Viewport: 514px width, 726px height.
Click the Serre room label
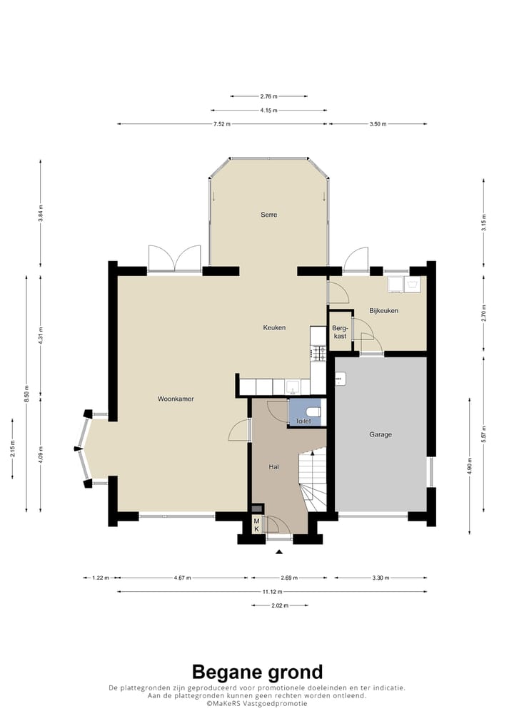(x=269, y=215)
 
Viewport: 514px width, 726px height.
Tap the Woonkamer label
(x=176, y=399)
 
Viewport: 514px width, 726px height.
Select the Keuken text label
(x=274, y=327)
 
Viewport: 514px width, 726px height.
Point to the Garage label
(x=381, y=434)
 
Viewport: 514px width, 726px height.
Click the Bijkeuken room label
(x=384, y=311)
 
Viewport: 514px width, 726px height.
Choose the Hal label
(x=274, y=466)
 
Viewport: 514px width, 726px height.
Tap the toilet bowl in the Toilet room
(x=314, y=411)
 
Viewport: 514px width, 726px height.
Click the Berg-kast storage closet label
(x=340, y=332)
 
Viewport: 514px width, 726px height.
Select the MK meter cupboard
(x=256, y=525)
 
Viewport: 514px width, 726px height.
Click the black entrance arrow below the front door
(x=279, y=551)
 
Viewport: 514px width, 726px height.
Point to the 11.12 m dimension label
(x=272, y=592)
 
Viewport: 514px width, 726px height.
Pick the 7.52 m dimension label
(x=222, y=124)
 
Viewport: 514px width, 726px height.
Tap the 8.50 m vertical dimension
(x=26, y=394)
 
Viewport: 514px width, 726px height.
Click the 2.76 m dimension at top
(x=269, y=96)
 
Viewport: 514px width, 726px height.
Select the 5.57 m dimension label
(x=483, y=434)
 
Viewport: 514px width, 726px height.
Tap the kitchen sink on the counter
(x=293, y=386)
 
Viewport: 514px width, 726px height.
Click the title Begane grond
(x=257, y=672)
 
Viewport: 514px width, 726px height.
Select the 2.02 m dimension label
(x=280, y=605)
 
